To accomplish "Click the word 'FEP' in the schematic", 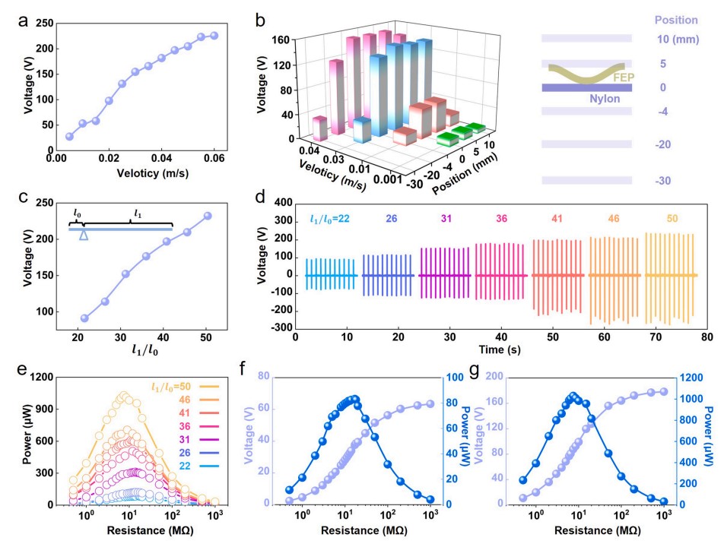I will [623, 77].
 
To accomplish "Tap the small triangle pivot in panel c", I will [84, 236].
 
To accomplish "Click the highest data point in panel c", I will [208, 216].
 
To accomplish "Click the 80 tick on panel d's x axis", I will [705, 335].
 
